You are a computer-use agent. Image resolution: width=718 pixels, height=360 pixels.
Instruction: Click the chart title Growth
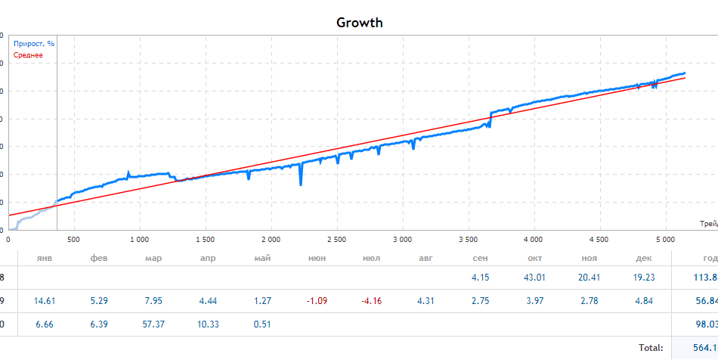pyautogui.click(x=359, y=23)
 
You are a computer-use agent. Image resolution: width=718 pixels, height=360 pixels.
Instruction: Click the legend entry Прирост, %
pyautogui.click(x=34, y=44)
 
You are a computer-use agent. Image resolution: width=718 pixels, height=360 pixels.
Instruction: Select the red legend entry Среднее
pyautogui.click(x=29, y=55)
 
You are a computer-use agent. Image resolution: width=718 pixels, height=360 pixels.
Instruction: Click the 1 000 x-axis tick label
pyautogui.click(x=138, y=240)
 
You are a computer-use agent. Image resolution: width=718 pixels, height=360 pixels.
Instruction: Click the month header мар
pyautogui.click(x=153, y=259)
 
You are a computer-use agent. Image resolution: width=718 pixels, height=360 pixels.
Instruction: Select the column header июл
pyautogui.click(x=371, y=259)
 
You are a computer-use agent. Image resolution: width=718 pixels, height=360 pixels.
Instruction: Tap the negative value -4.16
pyautogui.click(x=371, y=301)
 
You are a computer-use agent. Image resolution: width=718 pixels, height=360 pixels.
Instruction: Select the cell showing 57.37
pyautogui.click(x=153, y=324)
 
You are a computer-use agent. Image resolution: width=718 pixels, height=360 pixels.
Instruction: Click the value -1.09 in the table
pyautogui.click(x=317, y=301)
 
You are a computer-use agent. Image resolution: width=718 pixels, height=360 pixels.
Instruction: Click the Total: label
pyautogui.click(x=650, y=348)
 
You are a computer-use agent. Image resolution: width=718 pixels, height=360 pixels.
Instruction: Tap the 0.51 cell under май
pyautogui.click(x=262, y=324)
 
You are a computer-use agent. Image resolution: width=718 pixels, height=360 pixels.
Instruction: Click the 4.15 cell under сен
pyautogui.click(x=480, y=278)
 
